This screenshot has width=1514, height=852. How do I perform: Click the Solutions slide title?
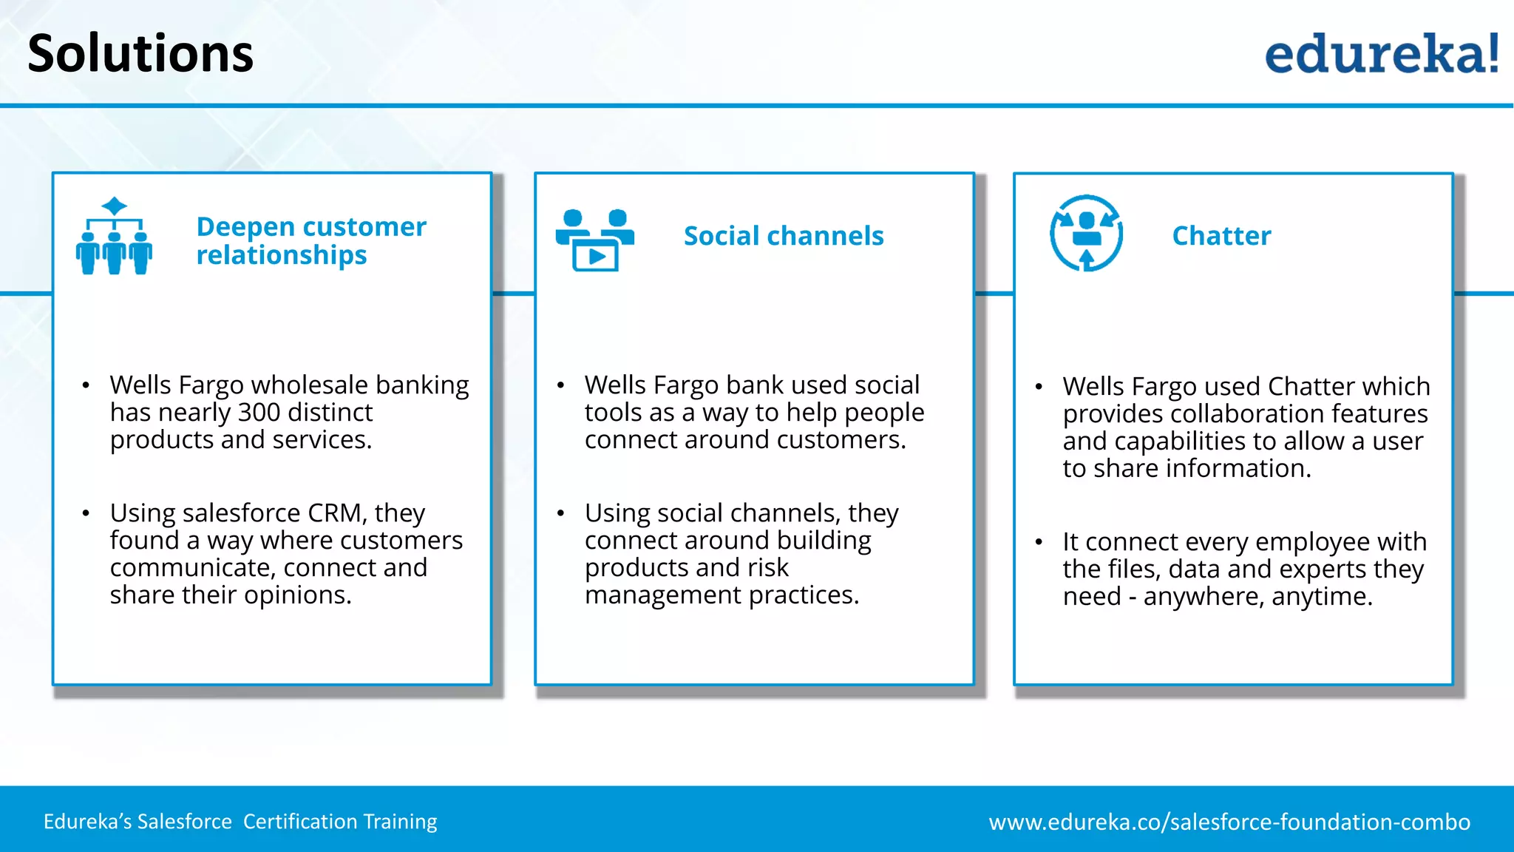click(x=140, y=53)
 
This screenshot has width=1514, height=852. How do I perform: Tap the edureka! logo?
click(x=1381, y=53)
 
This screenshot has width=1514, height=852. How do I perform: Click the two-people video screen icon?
click(x=594, y=240)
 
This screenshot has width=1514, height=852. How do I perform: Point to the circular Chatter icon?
click(x=1086, y=233)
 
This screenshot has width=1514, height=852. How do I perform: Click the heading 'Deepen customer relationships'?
click(x=310, y=240)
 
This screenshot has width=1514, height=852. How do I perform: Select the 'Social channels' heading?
click(x=784, y=236)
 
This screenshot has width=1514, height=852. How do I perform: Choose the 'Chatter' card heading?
click(x=1221, y=236)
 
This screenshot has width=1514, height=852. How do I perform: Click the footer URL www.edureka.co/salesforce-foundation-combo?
click(x=1229, y=822)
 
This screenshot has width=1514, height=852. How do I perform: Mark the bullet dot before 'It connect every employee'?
click(x=1039, y=542)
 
